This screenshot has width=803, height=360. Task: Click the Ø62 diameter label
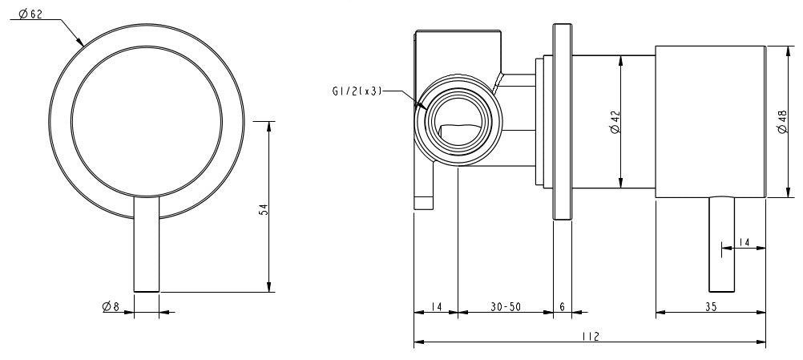tap(28, 14)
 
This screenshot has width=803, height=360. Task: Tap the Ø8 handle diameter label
tap(111, 306)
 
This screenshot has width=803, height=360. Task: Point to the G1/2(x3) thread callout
tap(357, 91)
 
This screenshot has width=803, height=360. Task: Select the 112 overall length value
tap(591, 338)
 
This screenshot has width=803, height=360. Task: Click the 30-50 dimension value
tap(505, 306)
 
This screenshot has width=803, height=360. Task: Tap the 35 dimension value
tap(711, 306)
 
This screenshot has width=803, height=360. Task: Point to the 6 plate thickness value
tap(562, 306)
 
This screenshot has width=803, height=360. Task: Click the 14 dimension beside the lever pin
tap(744, 241)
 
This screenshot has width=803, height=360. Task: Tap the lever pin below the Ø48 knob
tap(721, 245)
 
